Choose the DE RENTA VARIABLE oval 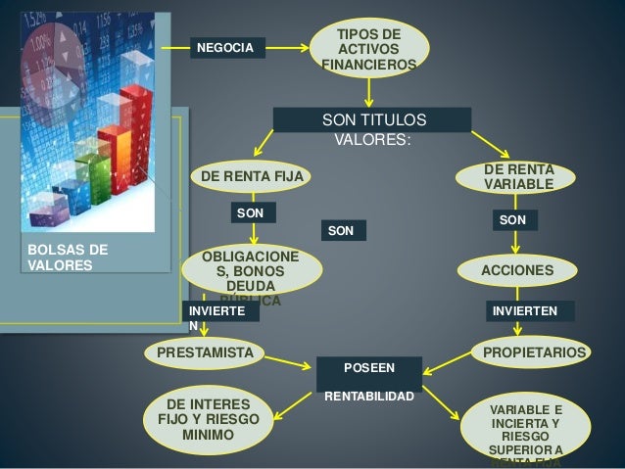coord(517,177)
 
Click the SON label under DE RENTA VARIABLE coord(511,221)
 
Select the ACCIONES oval coord(517,269)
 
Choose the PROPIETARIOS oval coord(529,352)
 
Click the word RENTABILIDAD coord(369,398)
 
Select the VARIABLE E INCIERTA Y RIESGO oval coord(525,428)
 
